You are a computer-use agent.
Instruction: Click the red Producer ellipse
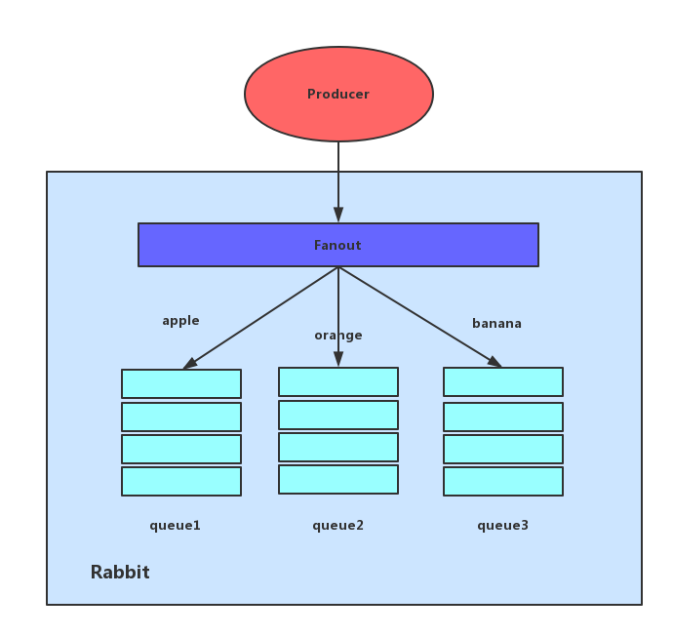pos(338,95)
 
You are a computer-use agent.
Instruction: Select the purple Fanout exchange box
pos(337,245)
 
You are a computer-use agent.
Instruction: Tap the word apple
pos(180,321)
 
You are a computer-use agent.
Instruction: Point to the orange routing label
pos(337,336)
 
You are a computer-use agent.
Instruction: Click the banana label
pos(496,324)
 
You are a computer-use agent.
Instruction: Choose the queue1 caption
pos(175,526)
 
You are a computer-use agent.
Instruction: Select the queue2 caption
pos(337,526)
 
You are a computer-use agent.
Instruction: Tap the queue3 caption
pos(502,526)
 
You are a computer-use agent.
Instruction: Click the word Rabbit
pos(120,573)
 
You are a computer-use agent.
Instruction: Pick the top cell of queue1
pos(181,383)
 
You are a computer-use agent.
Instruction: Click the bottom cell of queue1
pos(181,481)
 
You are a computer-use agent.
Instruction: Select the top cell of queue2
pos(338,381)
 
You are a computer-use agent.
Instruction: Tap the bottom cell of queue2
pos(338,479)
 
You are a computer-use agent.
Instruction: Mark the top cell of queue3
pos(503,381)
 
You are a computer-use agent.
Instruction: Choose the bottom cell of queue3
pos(503,481)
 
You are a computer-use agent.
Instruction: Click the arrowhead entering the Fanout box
pos(338,216)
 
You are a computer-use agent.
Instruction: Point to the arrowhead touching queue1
pos(190,364)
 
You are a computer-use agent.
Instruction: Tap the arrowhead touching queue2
pos(338,359)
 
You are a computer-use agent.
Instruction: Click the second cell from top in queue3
pos(503,417)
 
